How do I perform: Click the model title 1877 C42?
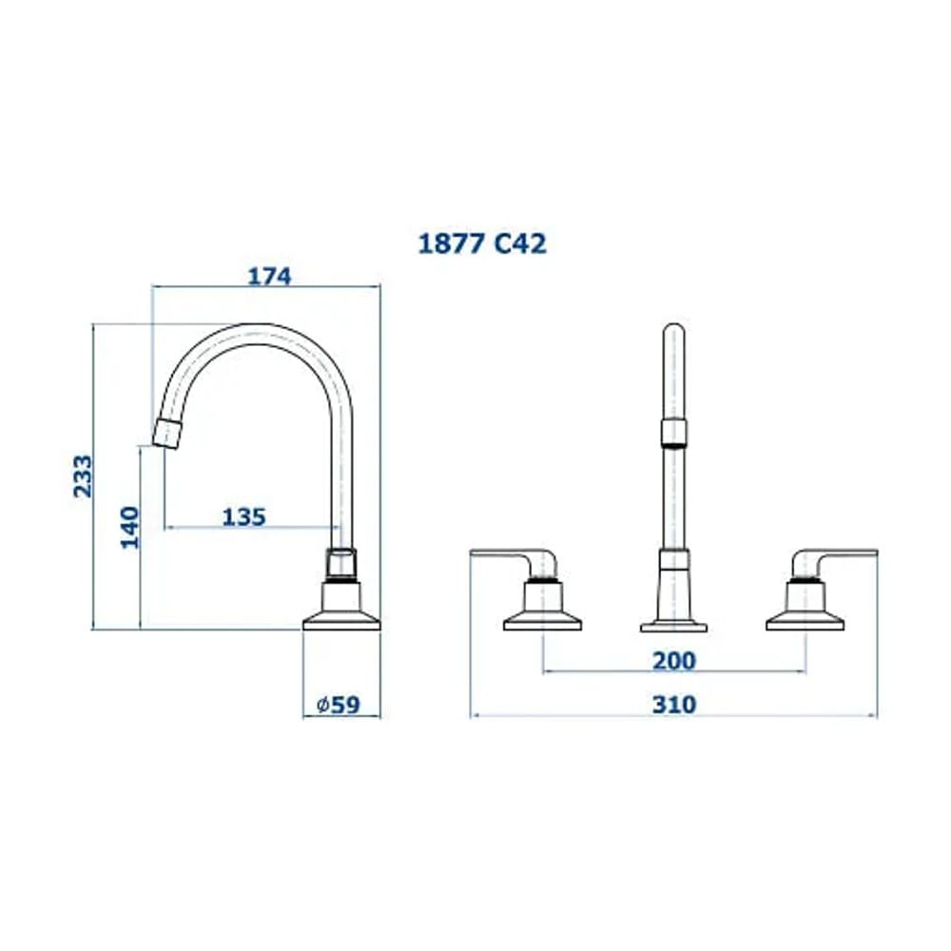point(482,243)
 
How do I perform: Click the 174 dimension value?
point(268,277)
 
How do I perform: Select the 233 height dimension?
point(84,476)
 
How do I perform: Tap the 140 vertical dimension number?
point(130,526)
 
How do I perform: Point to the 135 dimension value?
point(243,517)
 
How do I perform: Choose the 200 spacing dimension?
point(673,660)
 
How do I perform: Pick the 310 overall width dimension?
point(673,705)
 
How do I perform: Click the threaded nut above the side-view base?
point(341,564)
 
